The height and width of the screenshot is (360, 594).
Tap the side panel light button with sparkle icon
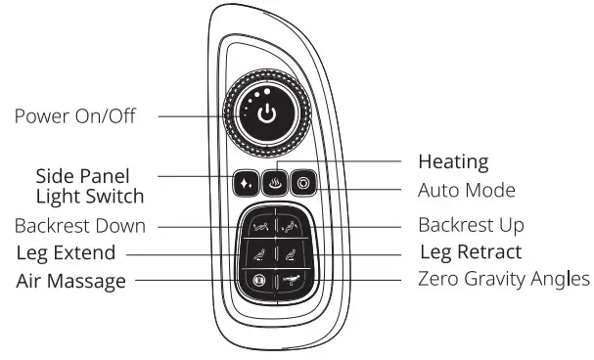pyautogui.click(x=244, y=183)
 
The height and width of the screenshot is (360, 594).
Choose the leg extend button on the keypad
pyautogui.click(x=258, y=253)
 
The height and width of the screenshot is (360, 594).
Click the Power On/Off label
pyautogui.click(x=75, y=116)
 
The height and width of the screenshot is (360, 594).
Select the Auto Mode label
pyautogui.click(x=467, y=190)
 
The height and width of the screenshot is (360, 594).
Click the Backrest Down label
pyautogui.click(x=80, y=226)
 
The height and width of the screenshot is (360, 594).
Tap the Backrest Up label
pyautogui.click(x=471, y=226)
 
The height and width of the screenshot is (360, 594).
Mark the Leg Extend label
pyautogui.click(x=66, y=253)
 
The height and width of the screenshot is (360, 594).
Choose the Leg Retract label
pyautogui.click(x=471, y=253)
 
